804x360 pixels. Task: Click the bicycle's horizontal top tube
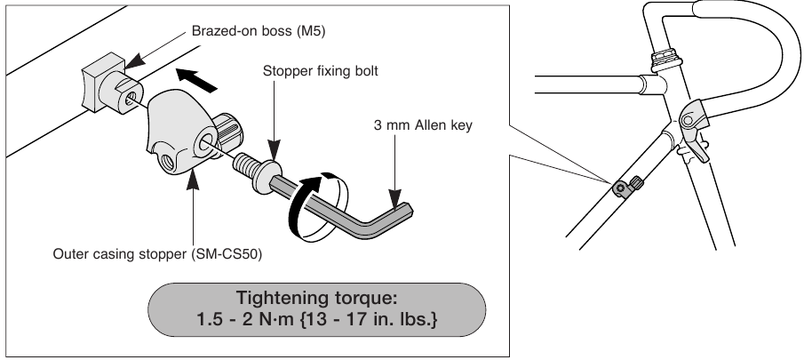[586, 86]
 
